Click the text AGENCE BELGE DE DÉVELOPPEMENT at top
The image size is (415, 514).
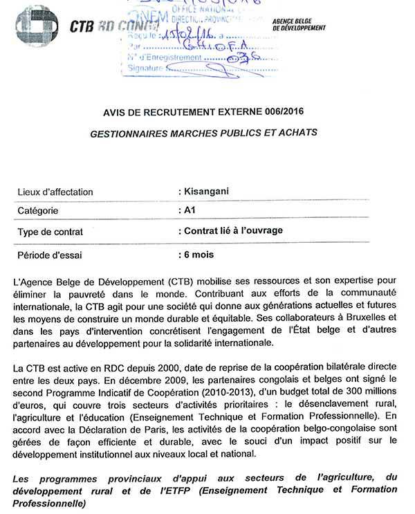299,25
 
